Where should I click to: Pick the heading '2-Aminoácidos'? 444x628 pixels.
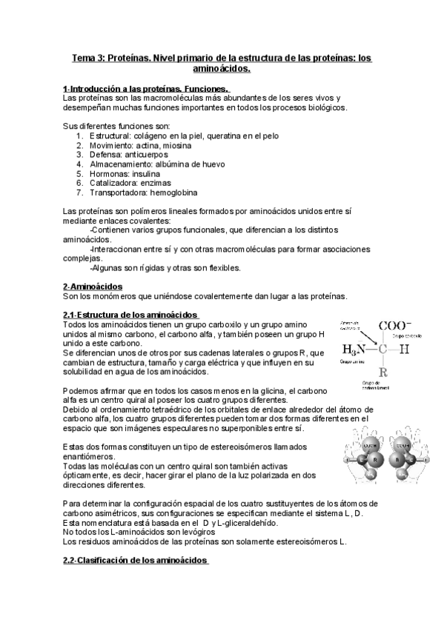[93, 286]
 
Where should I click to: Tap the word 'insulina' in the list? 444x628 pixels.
[151, 173]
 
